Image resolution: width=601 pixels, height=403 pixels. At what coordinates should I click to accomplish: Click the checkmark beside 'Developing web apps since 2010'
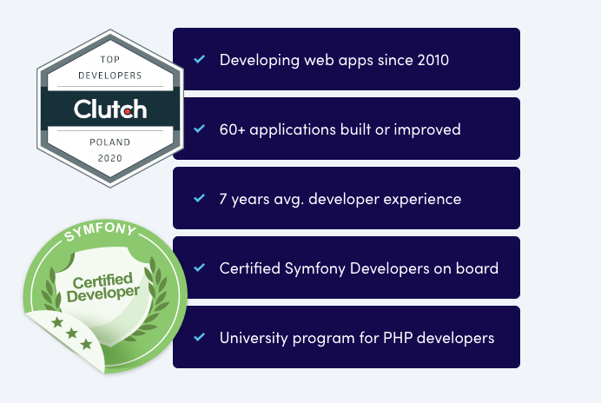tap(199, 59)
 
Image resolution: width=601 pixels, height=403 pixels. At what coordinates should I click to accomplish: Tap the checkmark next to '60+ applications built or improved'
tap(199, 129)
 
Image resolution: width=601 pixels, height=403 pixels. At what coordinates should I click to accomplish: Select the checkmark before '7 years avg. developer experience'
tap(199, 198)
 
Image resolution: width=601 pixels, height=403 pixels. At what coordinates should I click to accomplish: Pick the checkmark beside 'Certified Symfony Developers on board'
tap(199, 268)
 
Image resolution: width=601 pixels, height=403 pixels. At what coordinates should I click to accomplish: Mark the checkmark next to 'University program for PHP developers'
tap(199, 337)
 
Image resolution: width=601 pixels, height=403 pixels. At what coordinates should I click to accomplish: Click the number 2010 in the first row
tap(433, 60)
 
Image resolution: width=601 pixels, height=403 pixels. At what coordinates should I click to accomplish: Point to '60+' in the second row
tap(232, 129)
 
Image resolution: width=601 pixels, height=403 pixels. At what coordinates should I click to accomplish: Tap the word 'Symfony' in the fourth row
tap(314, 268)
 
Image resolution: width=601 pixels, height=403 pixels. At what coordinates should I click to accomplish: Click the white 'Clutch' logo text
tap(110, 109)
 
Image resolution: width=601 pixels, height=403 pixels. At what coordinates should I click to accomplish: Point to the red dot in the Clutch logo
tap(128, 111)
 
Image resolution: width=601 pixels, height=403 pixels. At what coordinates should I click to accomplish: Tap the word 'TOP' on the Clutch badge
tap(110, 59)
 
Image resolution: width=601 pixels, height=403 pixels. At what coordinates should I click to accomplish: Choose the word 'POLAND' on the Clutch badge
tap(110, 142)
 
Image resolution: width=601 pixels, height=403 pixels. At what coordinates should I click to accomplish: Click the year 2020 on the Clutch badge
tap(110, 158)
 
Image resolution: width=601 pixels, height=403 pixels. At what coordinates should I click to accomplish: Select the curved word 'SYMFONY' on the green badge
tap(100, 231)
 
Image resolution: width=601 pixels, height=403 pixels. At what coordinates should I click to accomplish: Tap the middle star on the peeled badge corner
tap(72, 334)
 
